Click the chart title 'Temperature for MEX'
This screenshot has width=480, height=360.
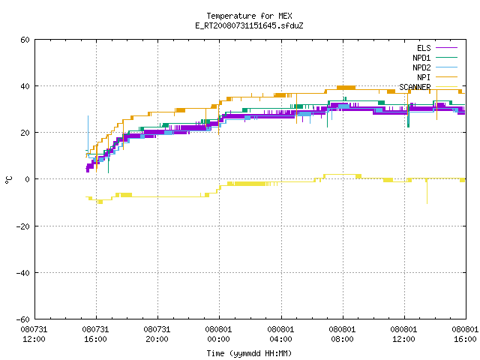click(x=249, y=16)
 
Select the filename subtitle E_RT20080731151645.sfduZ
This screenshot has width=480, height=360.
click(x=249, y=25)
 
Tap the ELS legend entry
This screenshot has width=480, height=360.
click(x=437, y=48)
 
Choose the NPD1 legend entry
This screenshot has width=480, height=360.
click(x=435, y=58)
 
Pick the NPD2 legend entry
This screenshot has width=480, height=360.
click(x=435, y=67)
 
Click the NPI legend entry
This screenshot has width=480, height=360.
click(x=437, y=77)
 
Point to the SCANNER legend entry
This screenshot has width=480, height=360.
click(x=428, y=87)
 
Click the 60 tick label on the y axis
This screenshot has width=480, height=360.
click(x=25, y=40)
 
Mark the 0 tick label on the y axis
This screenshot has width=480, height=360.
click(x=27, y=179)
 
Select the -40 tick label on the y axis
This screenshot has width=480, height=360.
click(x=23, y=273)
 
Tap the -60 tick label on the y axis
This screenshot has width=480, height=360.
click(x=23, y=319)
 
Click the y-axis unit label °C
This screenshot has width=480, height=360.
click(x=9, y=180)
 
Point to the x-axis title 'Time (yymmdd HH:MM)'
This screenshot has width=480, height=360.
click(x=249, y=353)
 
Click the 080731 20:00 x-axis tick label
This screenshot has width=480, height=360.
click(x=157, y=334)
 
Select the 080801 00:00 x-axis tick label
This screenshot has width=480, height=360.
click(x=218, y=334)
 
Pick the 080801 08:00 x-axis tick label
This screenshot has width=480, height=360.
click(x=342, y=334)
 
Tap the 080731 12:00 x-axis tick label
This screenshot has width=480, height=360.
click(x=34, y=334)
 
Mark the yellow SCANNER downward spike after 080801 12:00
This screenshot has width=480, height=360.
click(x=427, y=191)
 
